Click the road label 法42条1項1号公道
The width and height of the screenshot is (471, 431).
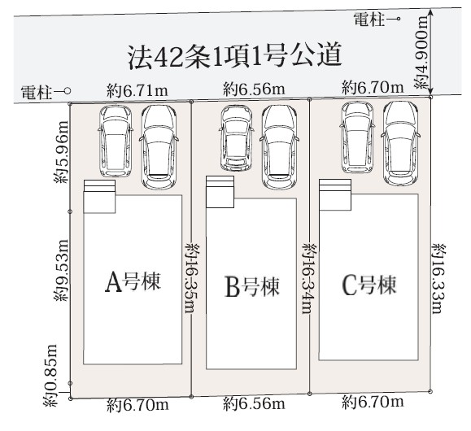click(x=235, y=56)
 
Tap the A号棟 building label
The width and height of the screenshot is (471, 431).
click(x=133, y=282)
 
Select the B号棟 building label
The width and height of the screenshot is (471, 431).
click(x=252, y=286)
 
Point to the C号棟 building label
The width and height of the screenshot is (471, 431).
click(x=369, y=285)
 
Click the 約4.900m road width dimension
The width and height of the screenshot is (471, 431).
click(x=421, y=53)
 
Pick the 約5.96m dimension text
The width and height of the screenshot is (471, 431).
click(x=61, y=152)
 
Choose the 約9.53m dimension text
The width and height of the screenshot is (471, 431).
click(x=61, y=270)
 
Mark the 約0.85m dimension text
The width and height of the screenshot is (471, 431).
click(x=50, y=376)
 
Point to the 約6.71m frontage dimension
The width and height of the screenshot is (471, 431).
click(x=137, y=91)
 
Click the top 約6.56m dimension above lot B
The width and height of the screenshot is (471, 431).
click(x=254, y=89)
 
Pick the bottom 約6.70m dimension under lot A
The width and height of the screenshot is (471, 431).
click(x=137, y=405)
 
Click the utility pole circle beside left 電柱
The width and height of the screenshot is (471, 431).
click(x=68, y=90)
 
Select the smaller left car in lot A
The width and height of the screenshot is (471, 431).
click(x=116, y=141)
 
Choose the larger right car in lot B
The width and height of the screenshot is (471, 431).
click(x=279, y=147)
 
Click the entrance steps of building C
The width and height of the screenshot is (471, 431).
click(x=335, y=186)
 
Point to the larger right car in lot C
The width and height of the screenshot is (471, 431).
click(x=400, y=144)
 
